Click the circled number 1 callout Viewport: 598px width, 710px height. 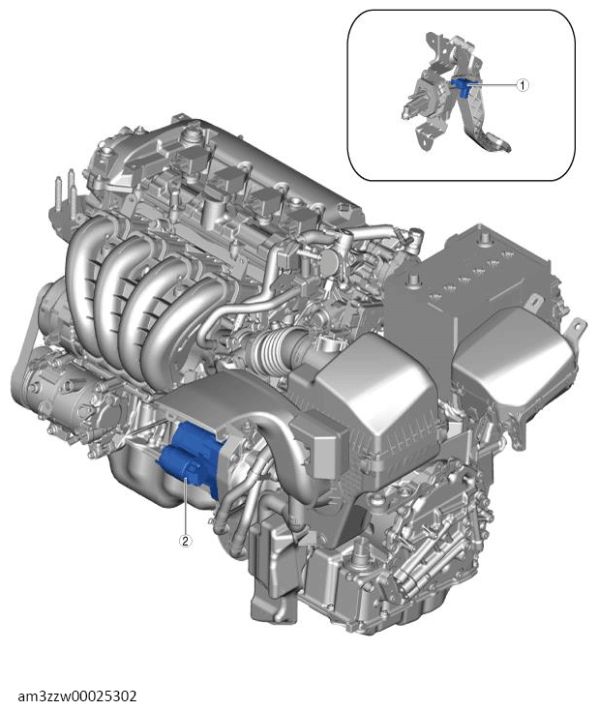[x=523, y=85]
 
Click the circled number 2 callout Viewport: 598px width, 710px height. [x=185, y=540]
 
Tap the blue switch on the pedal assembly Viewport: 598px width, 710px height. [x=462, y=86]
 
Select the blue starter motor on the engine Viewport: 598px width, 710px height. [x=191, y=458]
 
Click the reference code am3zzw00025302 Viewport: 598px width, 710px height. [x=77, y=695]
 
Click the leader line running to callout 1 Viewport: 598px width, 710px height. [x=493, y=85]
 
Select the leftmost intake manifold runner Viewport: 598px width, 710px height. [x=81, y=272]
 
